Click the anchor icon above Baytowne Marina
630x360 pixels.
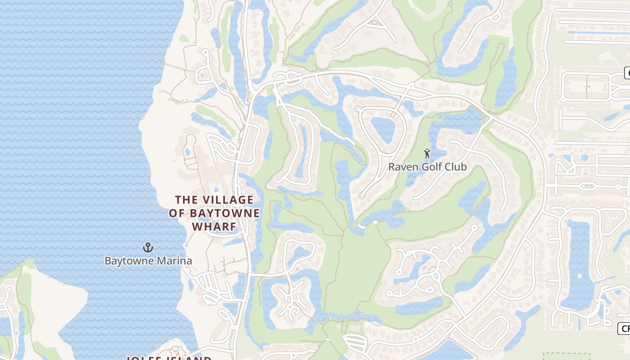(148, 247)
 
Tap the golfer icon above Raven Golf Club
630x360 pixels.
(427, 153)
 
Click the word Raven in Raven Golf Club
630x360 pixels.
(403, 167)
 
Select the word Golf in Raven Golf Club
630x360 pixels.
(432, 167)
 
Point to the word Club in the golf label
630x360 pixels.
(456, 167)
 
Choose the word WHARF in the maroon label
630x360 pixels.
(215, 226)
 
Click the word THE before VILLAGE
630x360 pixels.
(185, 199)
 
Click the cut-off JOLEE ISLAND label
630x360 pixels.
(169, 358)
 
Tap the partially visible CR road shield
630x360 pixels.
(625, 328)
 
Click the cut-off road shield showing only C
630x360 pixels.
(627, 72)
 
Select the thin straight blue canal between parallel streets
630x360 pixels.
(589, 32)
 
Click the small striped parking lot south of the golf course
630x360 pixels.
(355, 343)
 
